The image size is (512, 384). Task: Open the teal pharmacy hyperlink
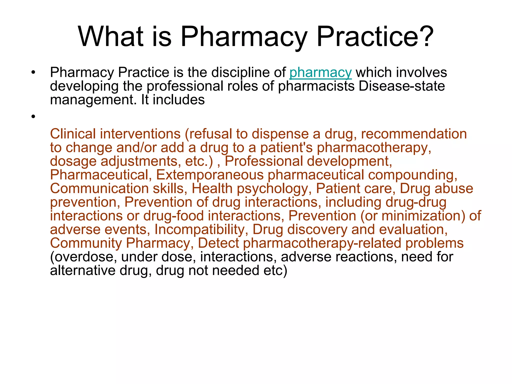320,73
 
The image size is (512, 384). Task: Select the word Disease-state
402,86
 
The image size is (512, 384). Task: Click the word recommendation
414,134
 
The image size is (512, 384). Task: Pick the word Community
86,243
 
